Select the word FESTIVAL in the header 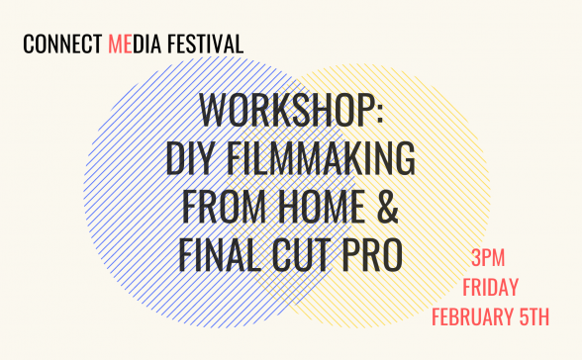point(207,45)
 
